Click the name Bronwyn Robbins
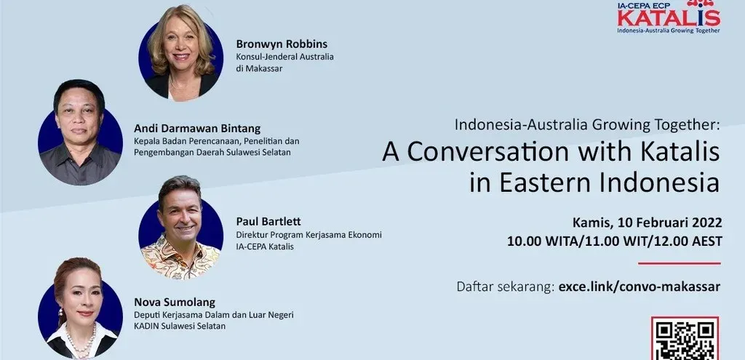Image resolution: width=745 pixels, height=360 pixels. point(282,44)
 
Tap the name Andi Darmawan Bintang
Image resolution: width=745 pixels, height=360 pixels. point(197,129)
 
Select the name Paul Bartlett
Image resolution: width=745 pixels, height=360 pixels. point(268,222)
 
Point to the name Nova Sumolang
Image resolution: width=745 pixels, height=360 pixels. point(175,302)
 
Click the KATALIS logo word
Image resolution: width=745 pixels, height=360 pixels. point(669,18)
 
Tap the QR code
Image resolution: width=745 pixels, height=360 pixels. point(685,339)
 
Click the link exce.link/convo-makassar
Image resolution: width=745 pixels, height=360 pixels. point(640,287)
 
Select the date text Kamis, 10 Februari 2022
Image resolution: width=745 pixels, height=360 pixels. point(647,223)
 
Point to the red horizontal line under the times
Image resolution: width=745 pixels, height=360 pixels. point(680,263)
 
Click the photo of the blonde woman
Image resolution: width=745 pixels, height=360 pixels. point(180,52)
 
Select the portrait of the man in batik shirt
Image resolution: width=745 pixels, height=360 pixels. point(180,228)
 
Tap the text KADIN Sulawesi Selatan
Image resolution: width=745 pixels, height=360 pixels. point(180,327)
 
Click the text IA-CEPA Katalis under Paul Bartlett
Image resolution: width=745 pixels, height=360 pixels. point(265,247)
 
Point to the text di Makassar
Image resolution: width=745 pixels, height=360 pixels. point(259,68)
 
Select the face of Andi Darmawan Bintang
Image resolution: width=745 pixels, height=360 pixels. point(79,119)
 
